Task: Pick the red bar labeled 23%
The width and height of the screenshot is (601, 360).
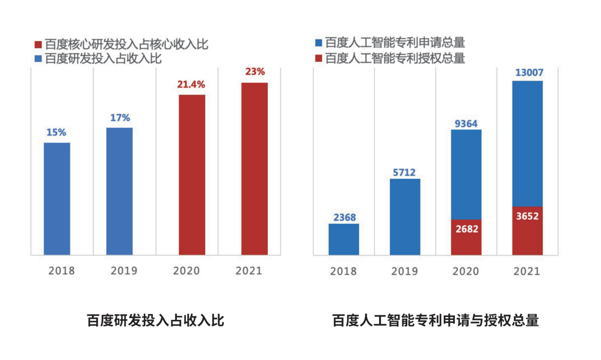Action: pyautogui.click(x=255, y=169)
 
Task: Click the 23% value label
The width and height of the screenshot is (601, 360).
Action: pyautogui.click(x=255, y=72)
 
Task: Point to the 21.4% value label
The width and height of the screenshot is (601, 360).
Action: pyautogui.click(x=191, y=84)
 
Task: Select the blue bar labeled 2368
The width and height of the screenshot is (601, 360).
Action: pyautogui.click(x=344, y=239)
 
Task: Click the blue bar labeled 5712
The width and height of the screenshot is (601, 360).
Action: pyautogui.click(x=405, y=217)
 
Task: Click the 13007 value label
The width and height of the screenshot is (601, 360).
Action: pyautogui.click(x=529, y=72)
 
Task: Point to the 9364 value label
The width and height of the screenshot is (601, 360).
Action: pyautogui.click(x=466, y=123)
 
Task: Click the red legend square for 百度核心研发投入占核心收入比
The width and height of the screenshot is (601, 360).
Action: pyautogui.click(x=38, y=44)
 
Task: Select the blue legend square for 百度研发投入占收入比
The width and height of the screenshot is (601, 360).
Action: pyautogui.click(x=38, y=58)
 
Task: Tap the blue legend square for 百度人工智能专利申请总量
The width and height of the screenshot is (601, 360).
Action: pyautogui.click(x=318, y=43)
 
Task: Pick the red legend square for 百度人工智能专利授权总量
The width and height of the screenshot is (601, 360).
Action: pyautogui.click(x=318, y=58)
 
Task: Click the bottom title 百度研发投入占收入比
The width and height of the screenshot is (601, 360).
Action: pyautogui.click(x=155, y=320)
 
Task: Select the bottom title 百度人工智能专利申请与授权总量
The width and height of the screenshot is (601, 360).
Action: pyautogui.click(x=435, y=320)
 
